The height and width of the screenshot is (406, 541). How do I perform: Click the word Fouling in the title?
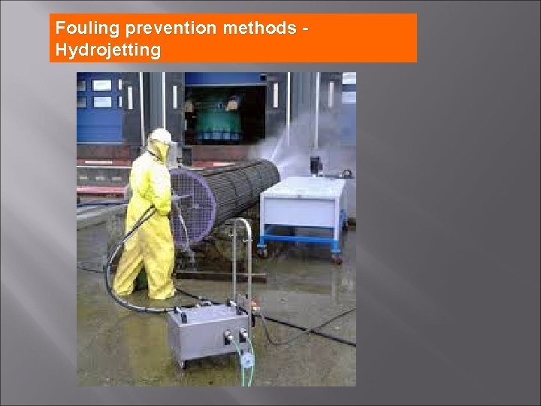82,29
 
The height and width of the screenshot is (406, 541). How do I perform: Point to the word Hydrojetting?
108,50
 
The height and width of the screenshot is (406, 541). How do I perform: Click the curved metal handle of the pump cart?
241,248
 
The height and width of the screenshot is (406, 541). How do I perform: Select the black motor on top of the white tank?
316,163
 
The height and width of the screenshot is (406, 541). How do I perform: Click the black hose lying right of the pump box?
316,331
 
